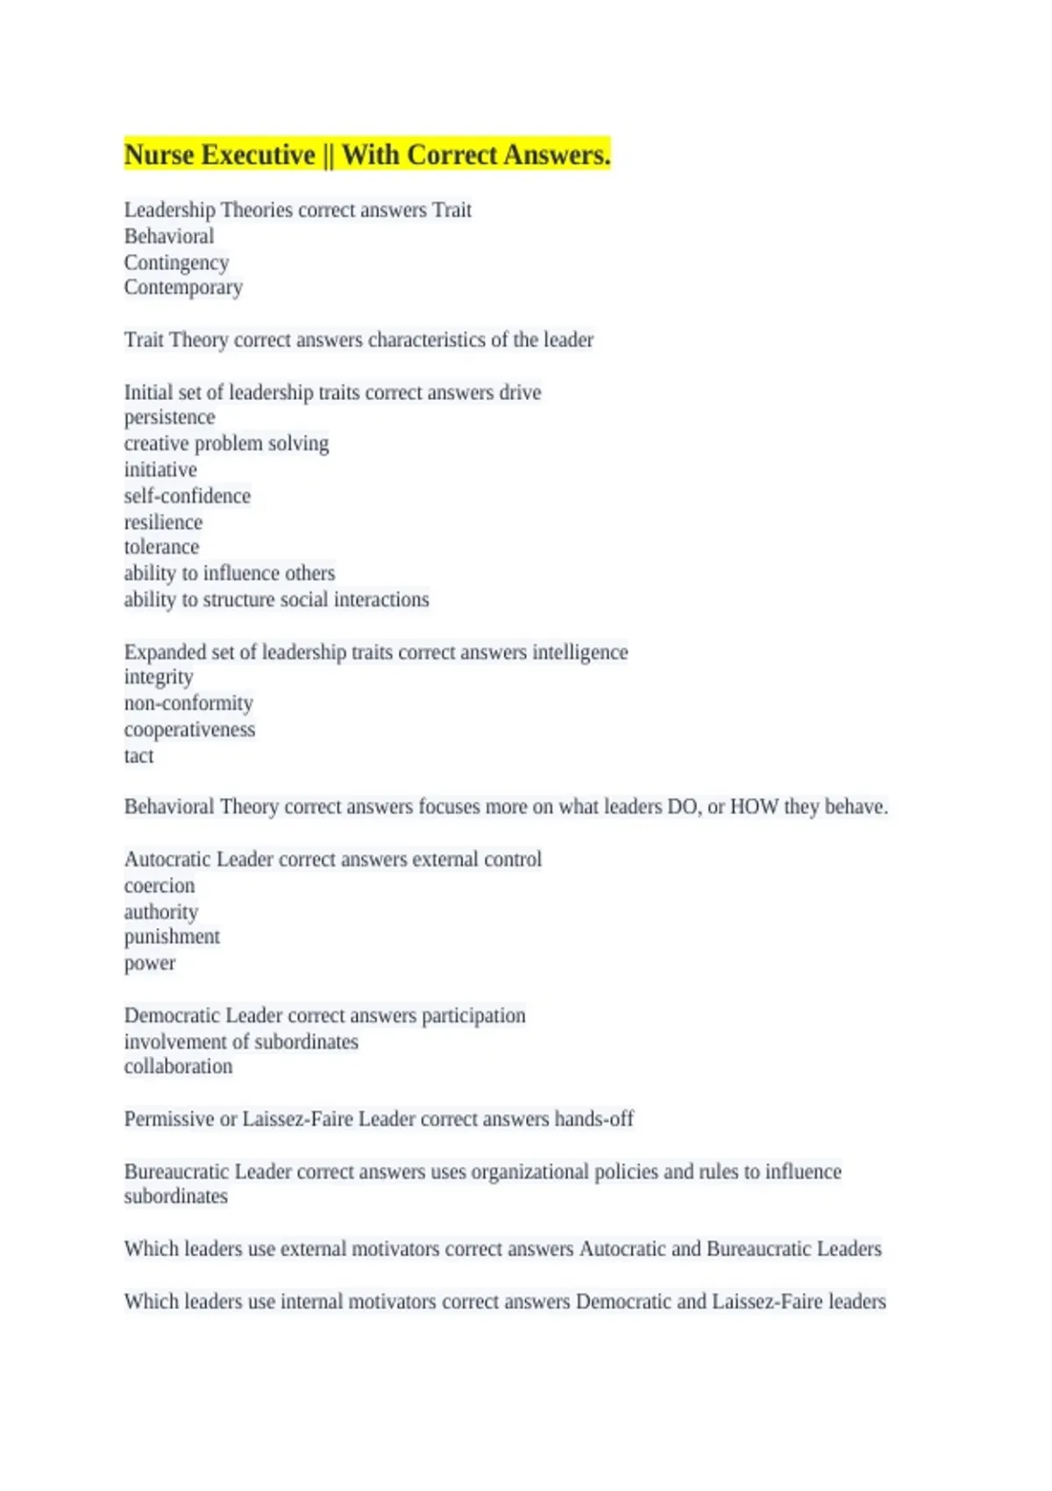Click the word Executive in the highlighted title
pyautogui.click(x=259, y=155)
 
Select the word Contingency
pyautogui.click(x=176, y=262)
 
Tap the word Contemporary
pyautogui.click(x=183, y=288)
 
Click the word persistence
pyautogui.click(x=169, y=417)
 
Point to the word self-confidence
pyautogui.click(x=187, y=496)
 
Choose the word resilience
pyautogui.click(x=163, y=523)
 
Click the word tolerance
pyautogui.click(x=161, y=547)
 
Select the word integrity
pyautogui.click(x=159, y=677)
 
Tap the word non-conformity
pyautogui.click(x=188, y=703)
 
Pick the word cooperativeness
pyautogui.click(x=189, y=730)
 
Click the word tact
pyautogui.click(x=139, y=756)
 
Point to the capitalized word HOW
pyautogui.click(x=754, y=807)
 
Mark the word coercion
pyautogui.click(x=160, y=886)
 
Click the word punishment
pyautogui.click(x=172, y=937)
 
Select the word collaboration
pyautogui.click(x=178, y=1067)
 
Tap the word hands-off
pyautogui.click(x=594, y=1119)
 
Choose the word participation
pyautogui.click(x=473, y=1016)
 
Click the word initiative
pyautogui.click(x=160, y=470)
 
